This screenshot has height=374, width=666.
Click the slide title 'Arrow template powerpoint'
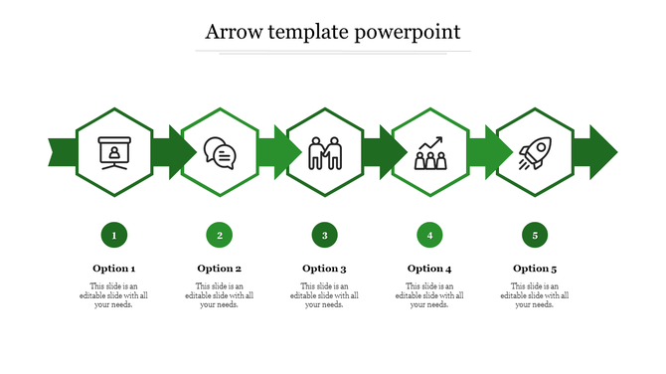point(332,32)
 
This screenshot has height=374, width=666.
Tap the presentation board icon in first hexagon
point(114,153)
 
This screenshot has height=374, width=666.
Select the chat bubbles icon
point(220,153)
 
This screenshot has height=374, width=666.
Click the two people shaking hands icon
point(325,153)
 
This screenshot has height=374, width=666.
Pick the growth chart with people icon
point(429,153)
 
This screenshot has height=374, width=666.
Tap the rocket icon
point(535,153)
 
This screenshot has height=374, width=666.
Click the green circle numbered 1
point(114,236)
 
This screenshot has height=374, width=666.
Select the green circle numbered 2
point(220,236)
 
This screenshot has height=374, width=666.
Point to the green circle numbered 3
point(325,236)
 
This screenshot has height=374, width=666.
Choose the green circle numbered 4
point(429,236)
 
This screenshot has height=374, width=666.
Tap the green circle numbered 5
point(535,236)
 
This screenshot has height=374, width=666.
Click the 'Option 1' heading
point(114,269)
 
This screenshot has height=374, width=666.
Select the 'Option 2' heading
point(220,269)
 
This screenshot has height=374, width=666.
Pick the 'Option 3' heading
point(325,269)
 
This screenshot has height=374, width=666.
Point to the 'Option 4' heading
point(429,269)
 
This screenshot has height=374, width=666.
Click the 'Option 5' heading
point(535,269)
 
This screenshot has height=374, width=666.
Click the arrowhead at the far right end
point(602,153)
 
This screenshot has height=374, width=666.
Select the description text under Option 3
point(325,295)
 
